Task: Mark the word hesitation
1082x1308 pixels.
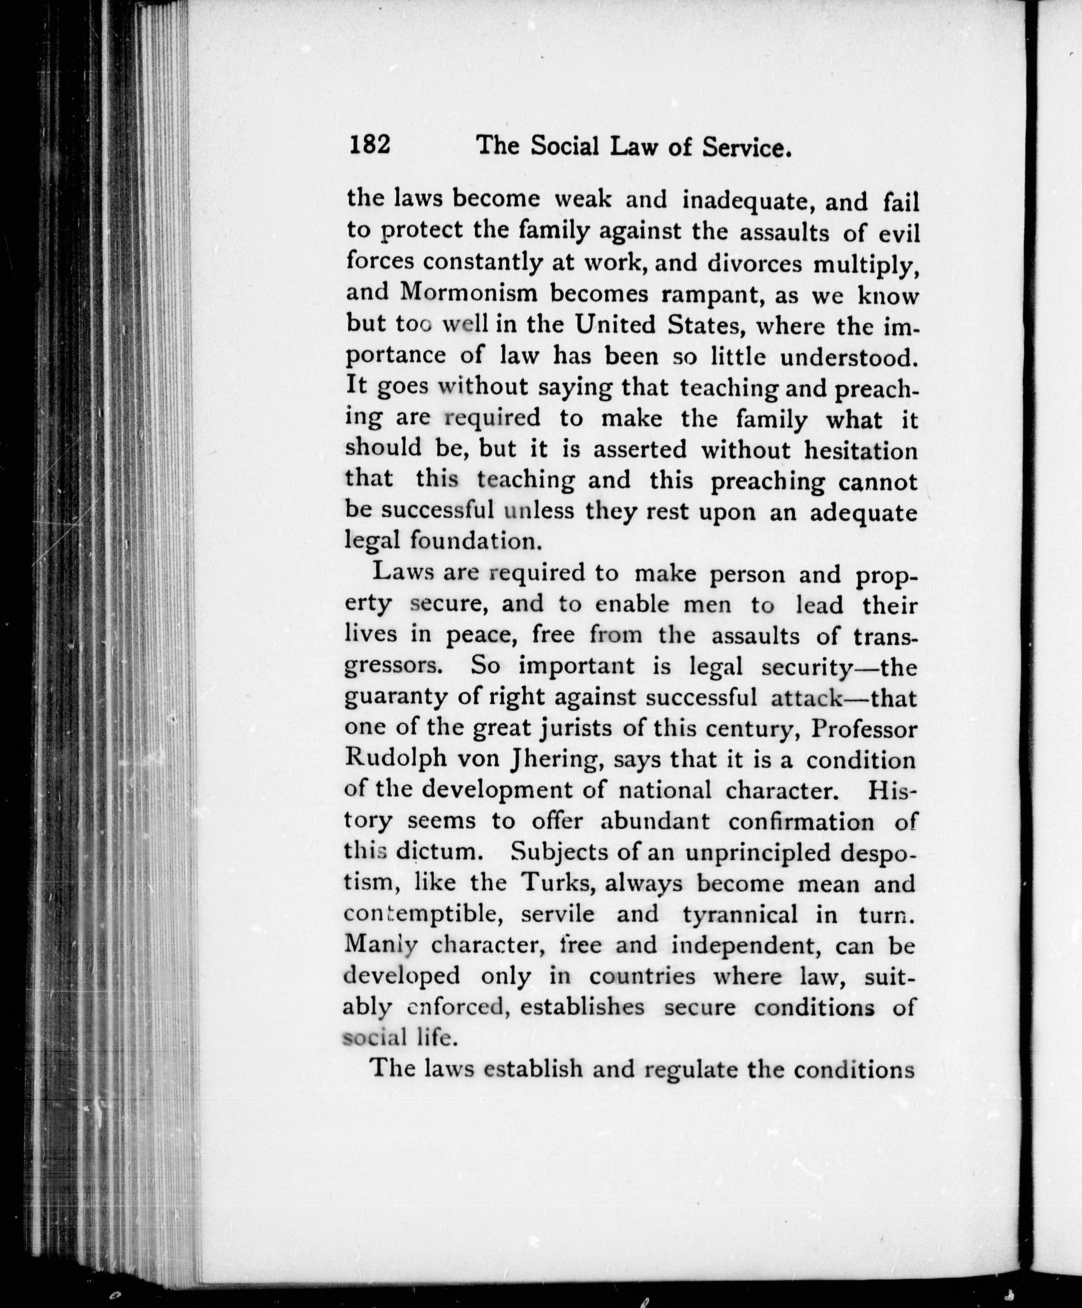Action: coord(861,450)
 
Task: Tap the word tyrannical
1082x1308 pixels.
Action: coord(740,915)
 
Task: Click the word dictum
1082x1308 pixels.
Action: coord(437,852)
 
